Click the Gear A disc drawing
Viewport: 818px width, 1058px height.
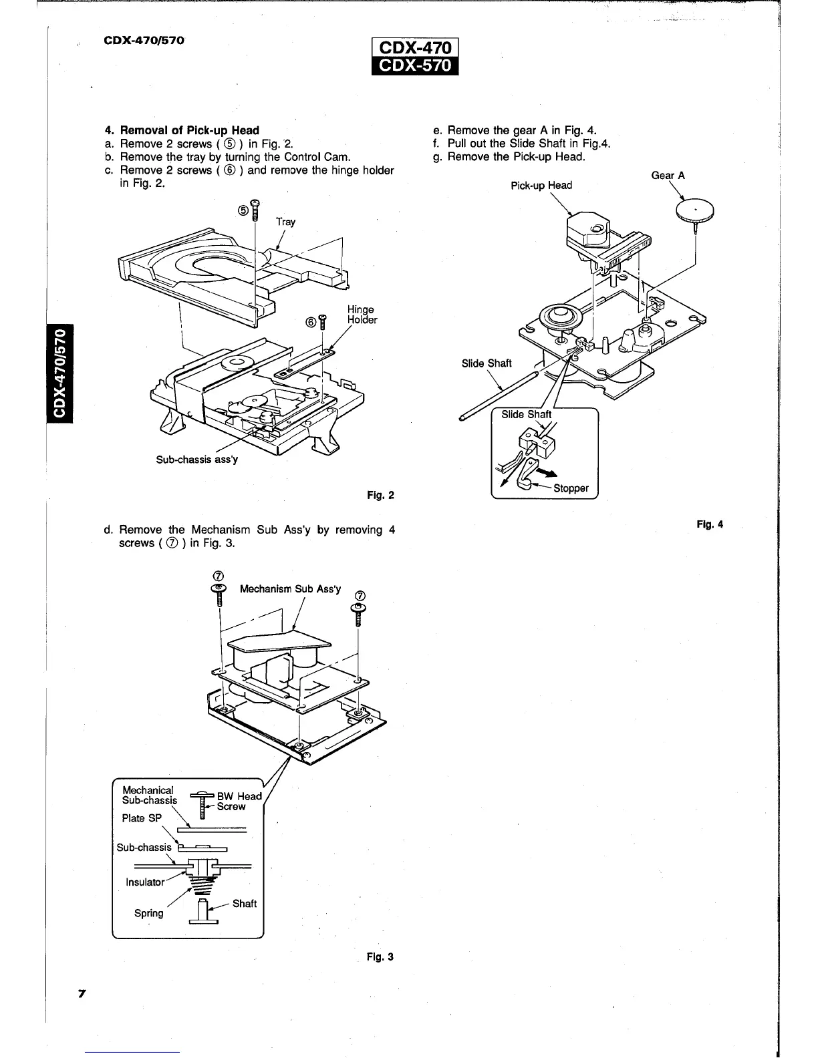coord(695,212)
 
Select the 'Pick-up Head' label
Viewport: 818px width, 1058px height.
coord(541,185)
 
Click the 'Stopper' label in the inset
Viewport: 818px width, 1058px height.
coord(571,488)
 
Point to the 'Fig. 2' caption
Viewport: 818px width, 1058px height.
coord(381,495)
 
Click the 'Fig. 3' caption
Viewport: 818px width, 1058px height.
coord(380,956)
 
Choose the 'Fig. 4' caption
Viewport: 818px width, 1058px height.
coord(710,524)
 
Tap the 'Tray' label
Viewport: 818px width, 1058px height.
coord(285,222)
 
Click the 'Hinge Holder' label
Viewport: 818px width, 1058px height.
coord(362,315)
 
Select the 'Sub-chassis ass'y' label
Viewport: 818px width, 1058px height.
coord(192,460)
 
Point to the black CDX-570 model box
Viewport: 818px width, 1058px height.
coord(415,65)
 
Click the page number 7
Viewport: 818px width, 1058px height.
coord(83,993)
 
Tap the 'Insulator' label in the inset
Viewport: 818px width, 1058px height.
coord(145,882)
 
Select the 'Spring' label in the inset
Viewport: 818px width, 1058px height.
coord(148,913)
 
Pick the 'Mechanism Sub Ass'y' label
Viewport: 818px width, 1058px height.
coord(290,589)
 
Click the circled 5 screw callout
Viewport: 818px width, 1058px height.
coord(243,211)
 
